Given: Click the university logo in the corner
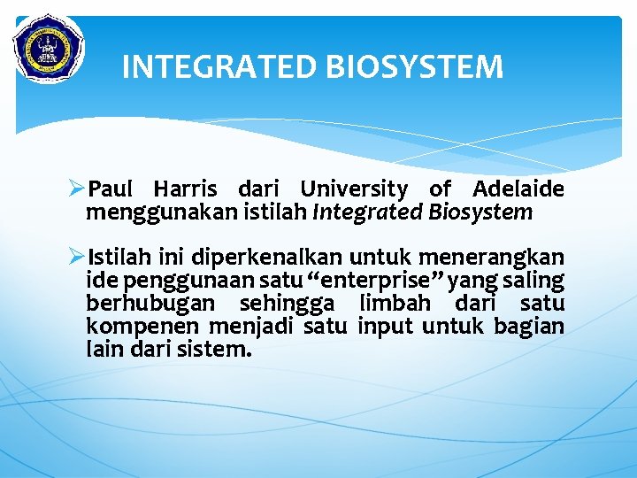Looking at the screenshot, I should pyautogui.click(x=49, y=48).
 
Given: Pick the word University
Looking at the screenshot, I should pyautogui.click(x=354, y=189).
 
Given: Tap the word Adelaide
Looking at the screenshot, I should pyautogui.click(x=518, y=189).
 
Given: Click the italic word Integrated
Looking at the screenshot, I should pyautogui.click(x=368, y=212).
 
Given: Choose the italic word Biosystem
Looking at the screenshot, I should pyautogui.click(x=480, y=212).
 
